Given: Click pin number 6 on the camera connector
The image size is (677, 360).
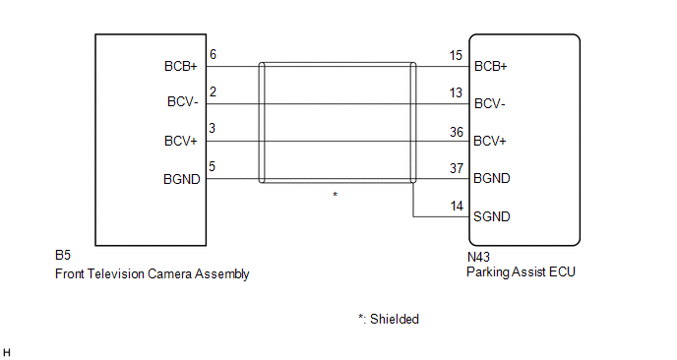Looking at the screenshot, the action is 213,54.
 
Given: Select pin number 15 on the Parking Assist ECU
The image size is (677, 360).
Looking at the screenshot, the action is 456,55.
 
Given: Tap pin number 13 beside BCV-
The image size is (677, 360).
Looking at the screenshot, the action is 456,92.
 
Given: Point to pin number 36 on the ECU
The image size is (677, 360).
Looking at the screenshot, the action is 457,132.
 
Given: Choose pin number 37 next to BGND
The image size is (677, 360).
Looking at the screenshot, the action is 457,168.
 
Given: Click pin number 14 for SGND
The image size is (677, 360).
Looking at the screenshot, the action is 457,206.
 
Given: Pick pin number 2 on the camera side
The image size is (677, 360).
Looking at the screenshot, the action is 213,91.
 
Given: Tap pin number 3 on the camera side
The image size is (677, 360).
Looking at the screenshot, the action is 212,128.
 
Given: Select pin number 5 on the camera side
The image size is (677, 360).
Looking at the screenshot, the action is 212,166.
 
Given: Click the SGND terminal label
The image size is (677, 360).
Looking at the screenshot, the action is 492,216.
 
